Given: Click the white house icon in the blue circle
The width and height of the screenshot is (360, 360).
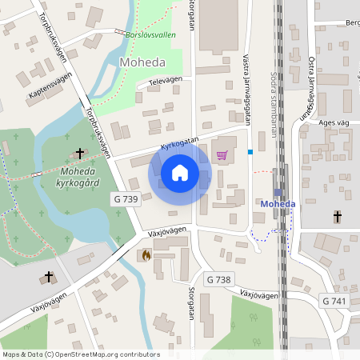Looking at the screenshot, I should tap(180, 172).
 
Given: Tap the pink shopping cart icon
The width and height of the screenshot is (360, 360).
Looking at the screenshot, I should tap(222, 155).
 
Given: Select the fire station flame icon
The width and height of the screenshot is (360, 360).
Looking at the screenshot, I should tap(146, 255).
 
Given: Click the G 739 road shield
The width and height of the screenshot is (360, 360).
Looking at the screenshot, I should tap(126, 199).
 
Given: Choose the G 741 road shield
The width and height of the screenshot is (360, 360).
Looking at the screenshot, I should tap(334, 300).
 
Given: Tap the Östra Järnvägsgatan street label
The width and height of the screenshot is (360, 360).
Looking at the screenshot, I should tap(310, 88).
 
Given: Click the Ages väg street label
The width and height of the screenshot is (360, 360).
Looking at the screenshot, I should tap(334, 122).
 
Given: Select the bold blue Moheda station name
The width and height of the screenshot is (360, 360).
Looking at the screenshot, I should tap(278, 204).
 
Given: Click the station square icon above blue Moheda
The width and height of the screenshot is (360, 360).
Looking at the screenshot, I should tap(278, 192).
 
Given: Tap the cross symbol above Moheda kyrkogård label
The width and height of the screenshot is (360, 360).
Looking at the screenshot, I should tap(79, 153).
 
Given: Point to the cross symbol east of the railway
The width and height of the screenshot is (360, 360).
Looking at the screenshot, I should tap(337, 216).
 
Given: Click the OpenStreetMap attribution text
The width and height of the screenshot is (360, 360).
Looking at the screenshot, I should tap(80, 354).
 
